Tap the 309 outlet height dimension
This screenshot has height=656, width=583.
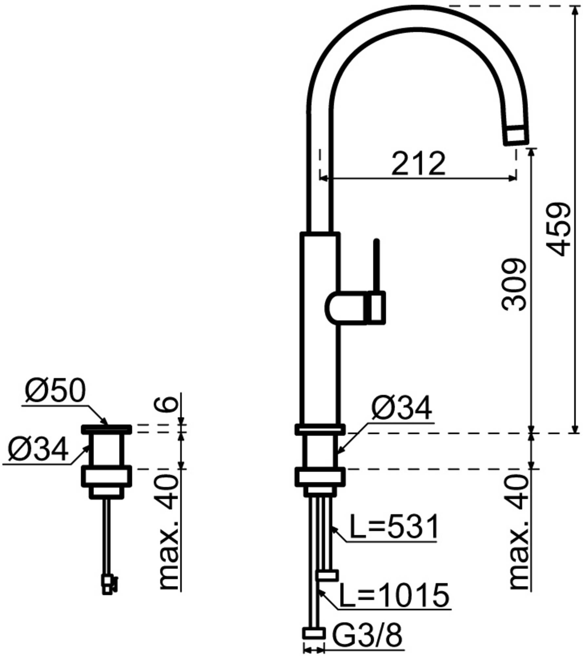pyautogui.click(x=514, y=285)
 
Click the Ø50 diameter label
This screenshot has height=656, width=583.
pyautogui.click(x=55, y=391)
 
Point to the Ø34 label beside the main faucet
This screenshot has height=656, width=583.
pyautogui.click(x=401, y=408)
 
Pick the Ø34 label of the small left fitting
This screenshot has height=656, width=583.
pyautogui.click(x=38, y=449)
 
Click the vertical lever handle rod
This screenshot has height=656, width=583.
pyautogui.click(x=376, y=266)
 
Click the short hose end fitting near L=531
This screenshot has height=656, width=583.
pyautogui.click(x=327, y=576)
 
